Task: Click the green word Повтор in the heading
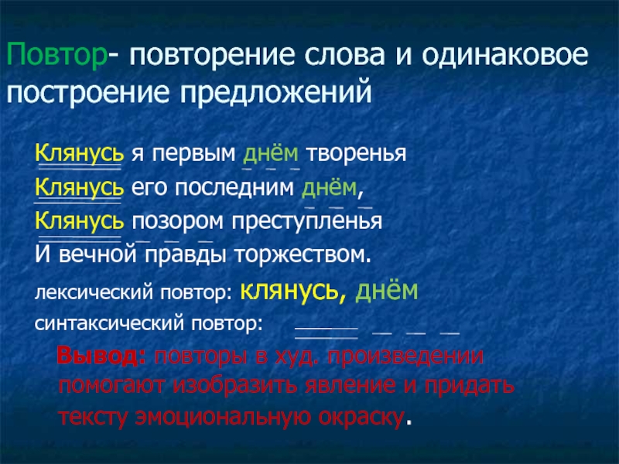click(x=56, y=55)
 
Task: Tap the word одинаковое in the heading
click(x=505, y=54)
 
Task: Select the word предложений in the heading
click(x=276, y=93)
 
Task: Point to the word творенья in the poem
click(x=356, y=153)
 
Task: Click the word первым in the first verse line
click(x=194, y=154)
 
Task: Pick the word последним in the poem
click(x=234, y=188)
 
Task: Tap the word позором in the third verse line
click(x=178, y=222)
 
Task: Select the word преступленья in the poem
click(x=306, y=222)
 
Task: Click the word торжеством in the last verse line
click(x=303, y=255)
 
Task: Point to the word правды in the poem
click(x=186, y=256)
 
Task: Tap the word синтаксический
click(x=108, y=324)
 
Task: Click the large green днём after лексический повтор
click(x=386, y=291)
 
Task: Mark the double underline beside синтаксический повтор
click(x=326, y=333)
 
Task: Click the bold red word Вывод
click(x=102, y=357)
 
